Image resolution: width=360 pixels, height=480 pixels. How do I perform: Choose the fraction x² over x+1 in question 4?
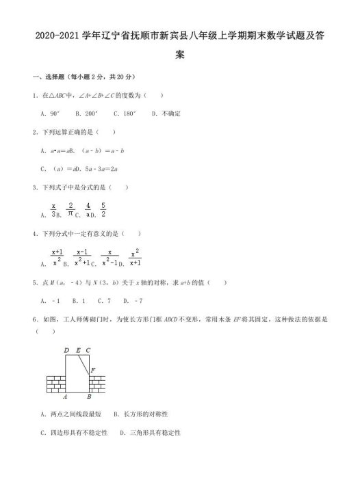[135, 256]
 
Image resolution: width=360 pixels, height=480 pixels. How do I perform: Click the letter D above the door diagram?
[66, 351]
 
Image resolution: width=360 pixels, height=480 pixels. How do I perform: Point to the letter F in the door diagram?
[93, 370]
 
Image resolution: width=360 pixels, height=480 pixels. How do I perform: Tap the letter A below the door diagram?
[64, 395]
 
